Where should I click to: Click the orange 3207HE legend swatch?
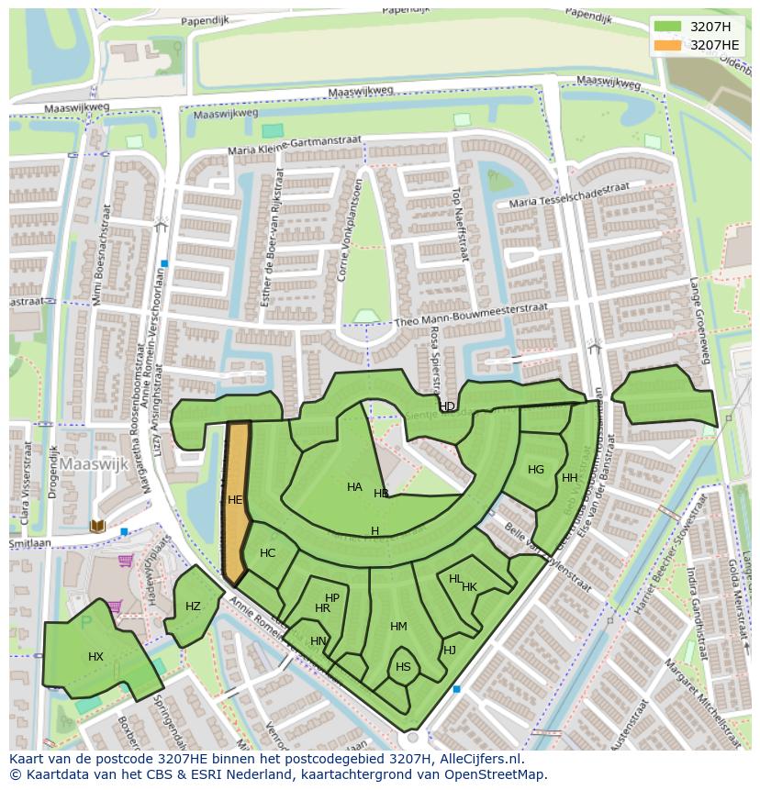click(x=667, y=45)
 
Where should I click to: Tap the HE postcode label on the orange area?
click(x=235, y=500)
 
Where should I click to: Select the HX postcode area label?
click(x=95, y=657)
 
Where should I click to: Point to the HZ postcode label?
click(x=193, y=606)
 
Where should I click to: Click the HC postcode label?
click(x=267, y=553)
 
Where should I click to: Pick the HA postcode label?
click(x=354, y=487)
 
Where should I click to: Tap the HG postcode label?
click(x=536, y=470)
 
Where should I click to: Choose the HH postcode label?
click(x=570, y=478)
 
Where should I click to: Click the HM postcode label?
click(x=398, y=627)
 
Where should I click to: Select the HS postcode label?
click(x=403, y=667)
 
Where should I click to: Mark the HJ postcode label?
click(x=450, y=651)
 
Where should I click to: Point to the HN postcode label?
click(x=319, y=641)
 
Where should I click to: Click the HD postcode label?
click(x=447, y=406)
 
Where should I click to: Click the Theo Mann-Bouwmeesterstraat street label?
click(x=471, y=315)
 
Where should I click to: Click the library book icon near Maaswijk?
click(x=97, y=526)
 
